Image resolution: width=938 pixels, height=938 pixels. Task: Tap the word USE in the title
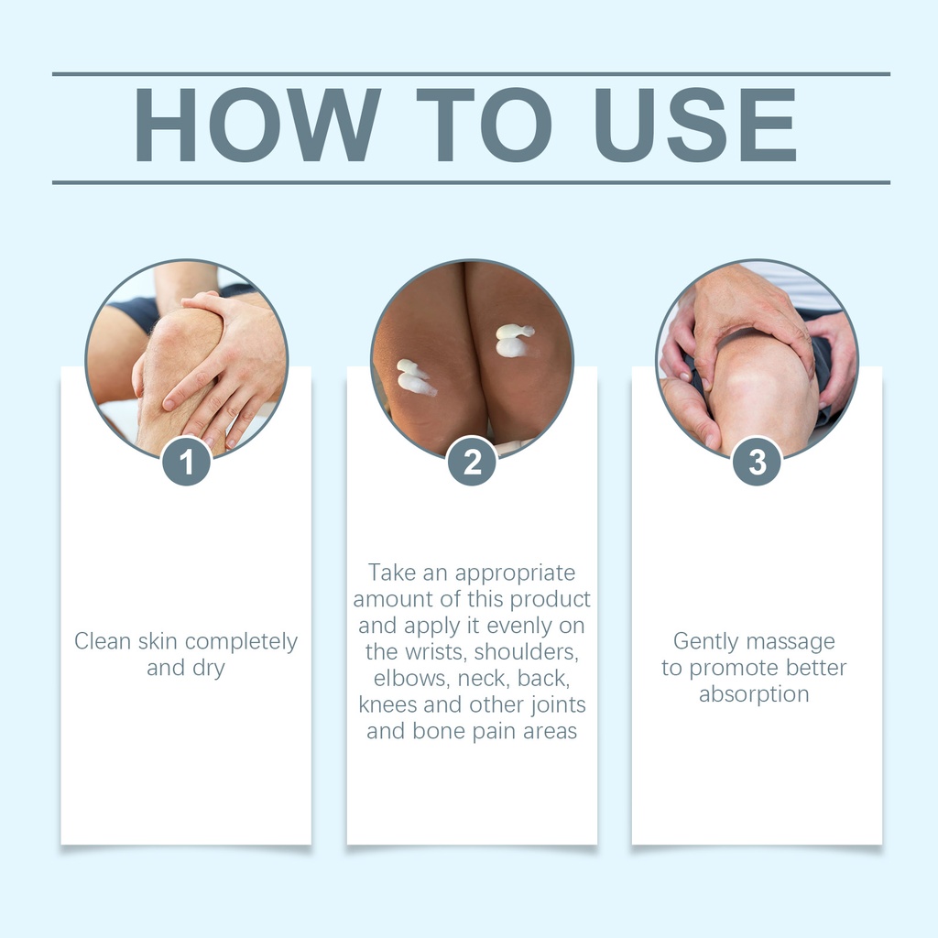click(695, 125)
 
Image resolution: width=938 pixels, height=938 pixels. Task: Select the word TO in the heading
click(484, 125)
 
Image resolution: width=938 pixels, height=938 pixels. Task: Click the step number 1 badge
click(186, 462)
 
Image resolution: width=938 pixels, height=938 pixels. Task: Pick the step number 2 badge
click(472, 462)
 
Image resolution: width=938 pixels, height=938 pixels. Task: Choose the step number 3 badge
click(757, 462)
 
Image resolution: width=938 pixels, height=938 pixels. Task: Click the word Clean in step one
click(103, 640)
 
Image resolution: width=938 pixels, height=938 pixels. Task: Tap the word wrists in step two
click(432, 651)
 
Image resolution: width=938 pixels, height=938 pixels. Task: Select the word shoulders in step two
click(527, 651)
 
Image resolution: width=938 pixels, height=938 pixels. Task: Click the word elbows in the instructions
click(412, 678)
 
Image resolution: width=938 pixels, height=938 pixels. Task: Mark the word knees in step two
click(387, 704)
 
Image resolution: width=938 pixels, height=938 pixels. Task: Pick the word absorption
click(754, 694)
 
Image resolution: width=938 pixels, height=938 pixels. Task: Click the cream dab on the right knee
click(514, 340)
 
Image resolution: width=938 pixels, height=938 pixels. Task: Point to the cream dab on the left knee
click(416, 376)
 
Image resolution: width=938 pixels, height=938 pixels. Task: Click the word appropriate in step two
click(515, 573)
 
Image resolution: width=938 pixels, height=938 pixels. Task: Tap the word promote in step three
click(726, 669)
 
